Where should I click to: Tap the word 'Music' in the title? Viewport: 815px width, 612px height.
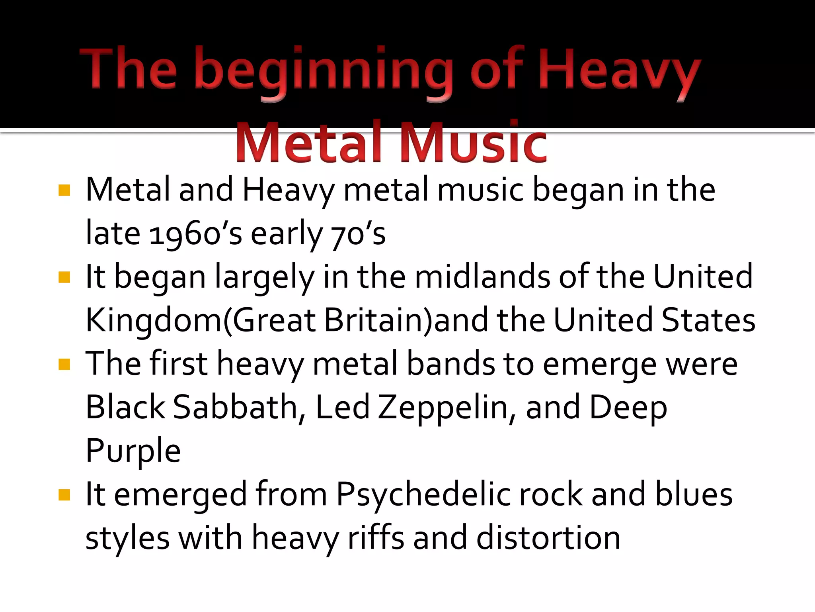tap(473, 143)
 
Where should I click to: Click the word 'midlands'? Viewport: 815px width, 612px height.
tap(482, 277)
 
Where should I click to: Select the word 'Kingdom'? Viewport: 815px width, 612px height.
tap(154, 320)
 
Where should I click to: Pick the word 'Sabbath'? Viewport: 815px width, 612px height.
tap(235, 407)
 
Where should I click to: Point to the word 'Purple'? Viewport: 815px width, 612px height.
tap(133, 451)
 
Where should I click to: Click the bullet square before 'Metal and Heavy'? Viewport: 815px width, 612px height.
tap(64, 190)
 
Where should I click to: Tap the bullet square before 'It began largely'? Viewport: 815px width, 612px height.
tap(64, 277)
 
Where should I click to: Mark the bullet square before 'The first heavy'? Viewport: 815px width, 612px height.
tap(64, 364)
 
